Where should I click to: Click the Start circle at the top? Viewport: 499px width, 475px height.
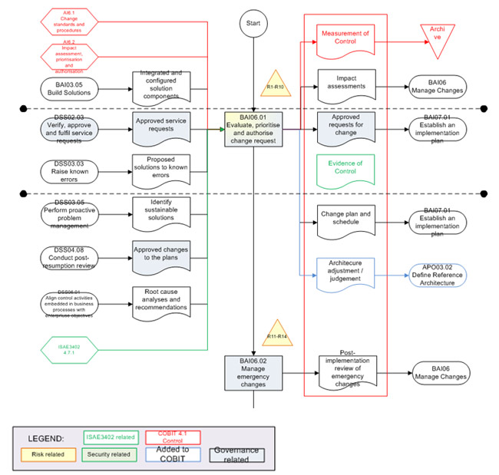click(253, 24)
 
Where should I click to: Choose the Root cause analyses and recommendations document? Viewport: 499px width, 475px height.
click(160, 302)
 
